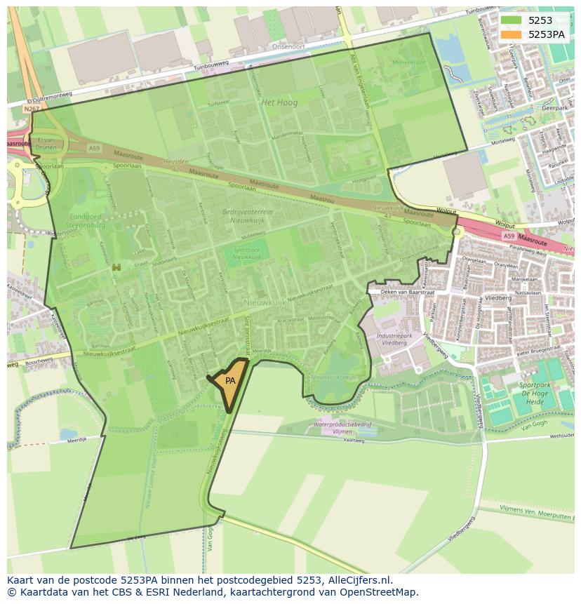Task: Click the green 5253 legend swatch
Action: point(510,20)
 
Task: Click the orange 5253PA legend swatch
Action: point(510,34)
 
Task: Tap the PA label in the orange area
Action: point(230,381)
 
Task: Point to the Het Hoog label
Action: point(279,102)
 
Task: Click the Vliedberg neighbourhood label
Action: point(497,297)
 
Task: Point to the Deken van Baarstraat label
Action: point(408,292)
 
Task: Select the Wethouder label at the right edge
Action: point(561,436)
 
